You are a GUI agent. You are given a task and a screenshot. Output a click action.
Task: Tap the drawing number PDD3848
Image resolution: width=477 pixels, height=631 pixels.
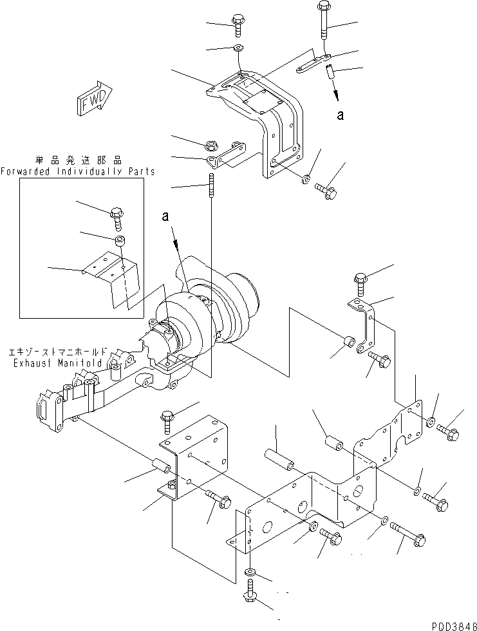[453, 625]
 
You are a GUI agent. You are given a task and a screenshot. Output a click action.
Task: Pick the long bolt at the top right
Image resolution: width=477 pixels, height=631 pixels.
[323, 22]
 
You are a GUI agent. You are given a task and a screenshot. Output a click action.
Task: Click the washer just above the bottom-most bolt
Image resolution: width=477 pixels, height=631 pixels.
[250, 571]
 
